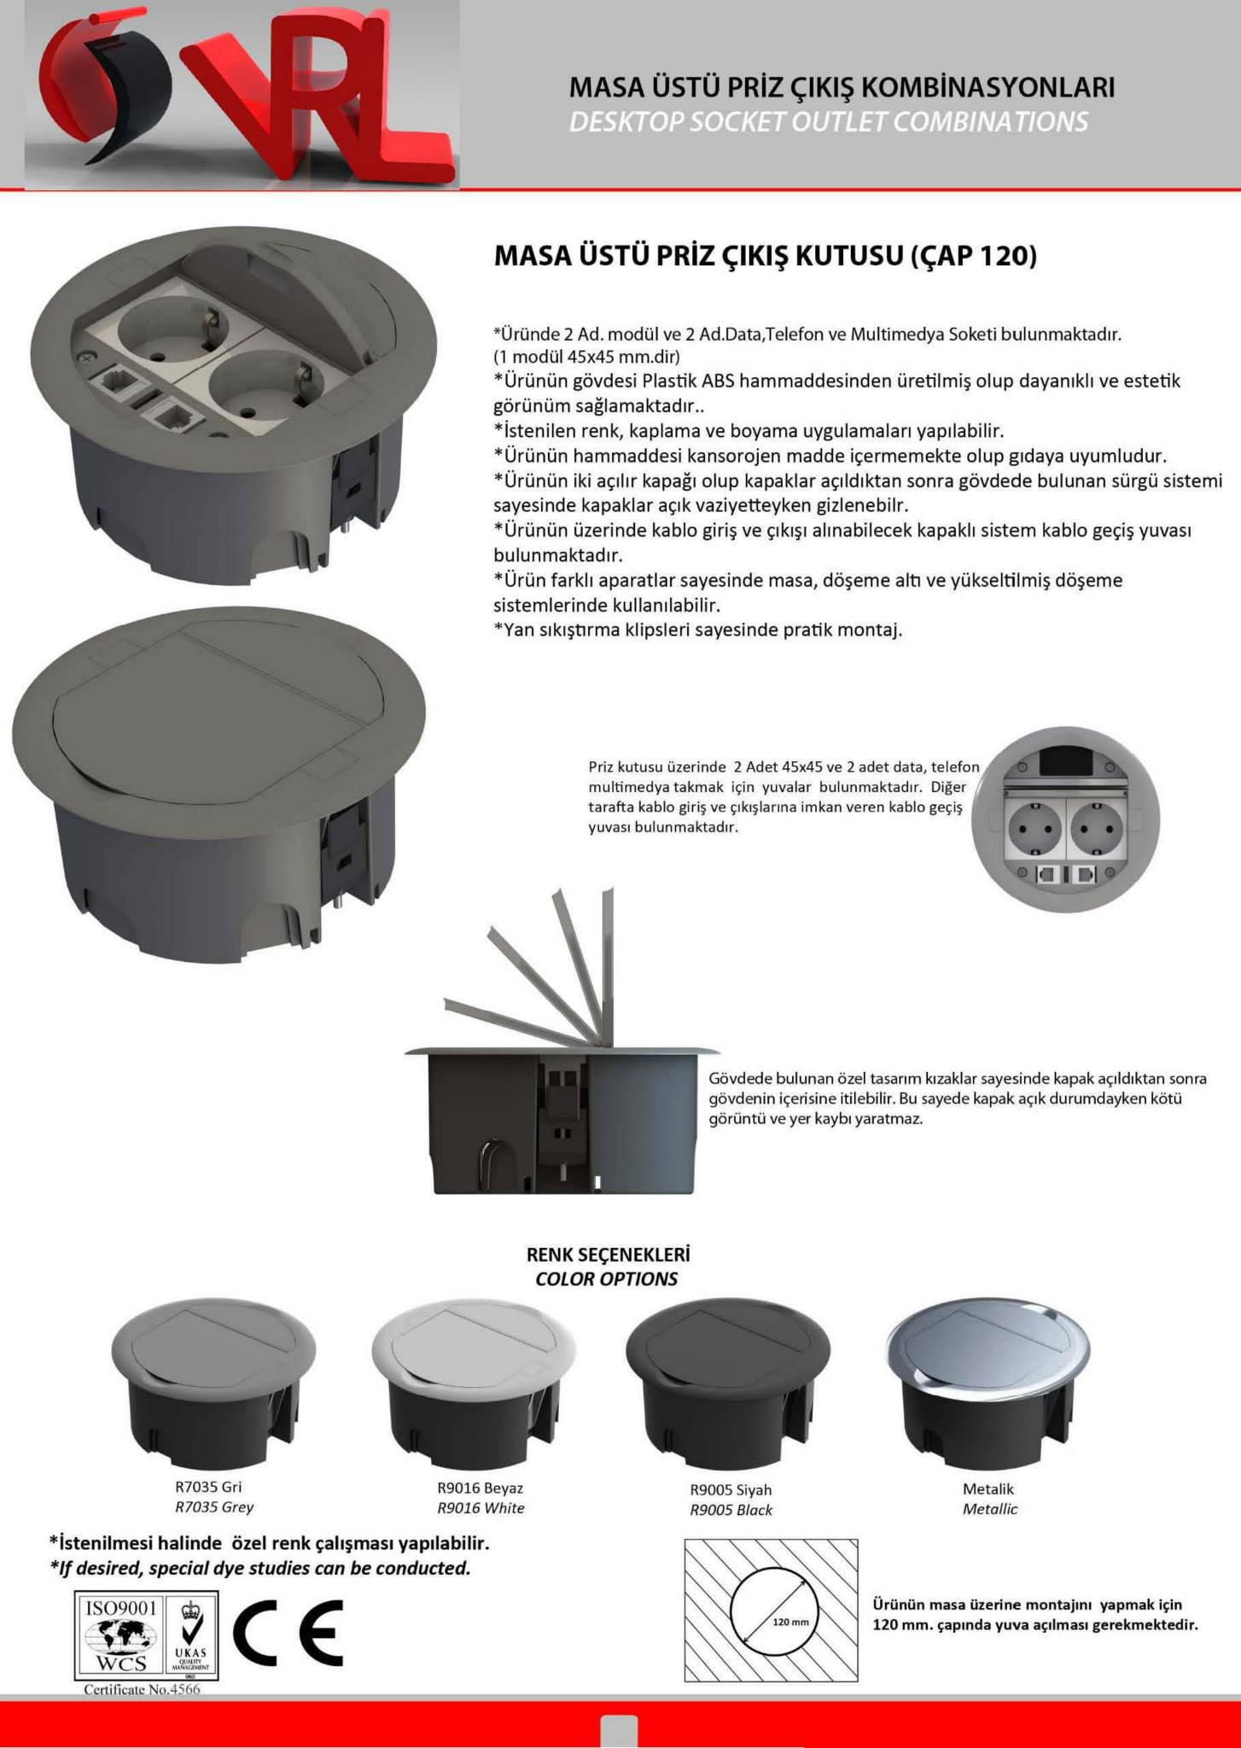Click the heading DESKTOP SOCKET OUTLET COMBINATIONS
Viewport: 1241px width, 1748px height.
828,122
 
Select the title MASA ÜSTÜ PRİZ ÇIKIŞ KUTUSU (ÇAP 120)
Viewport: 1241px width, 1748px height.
766,256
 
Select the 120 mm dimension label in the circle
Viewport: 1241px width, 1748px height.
790,1621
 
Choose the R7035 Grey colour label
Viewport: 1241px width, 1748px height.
214,1507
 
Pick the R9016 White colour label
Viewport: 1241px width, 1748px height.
481,1508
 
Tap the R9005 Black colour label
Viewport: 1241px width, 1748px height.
731,1510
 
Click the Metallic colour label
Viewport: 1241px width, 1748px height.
990,1509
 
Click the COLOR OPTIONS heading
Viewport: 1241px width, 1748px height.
607,1279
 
